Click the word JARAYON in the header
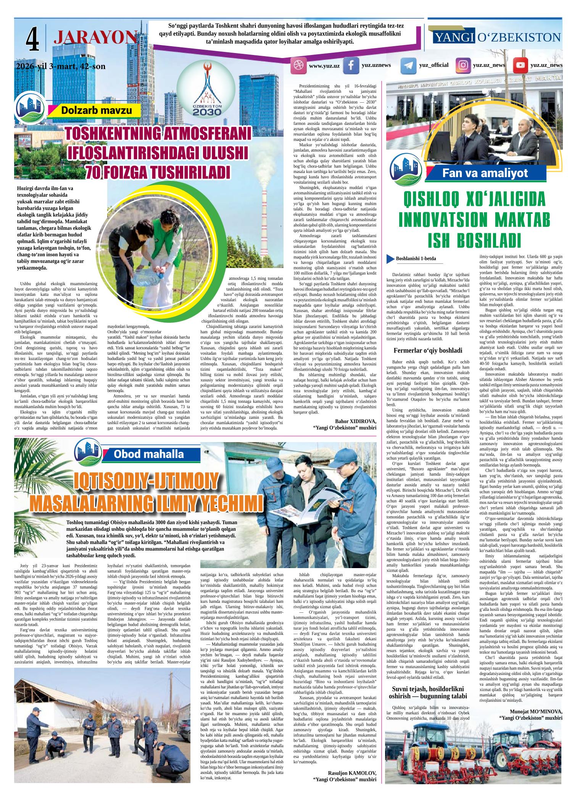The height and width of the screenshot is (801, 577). tap(95, 38)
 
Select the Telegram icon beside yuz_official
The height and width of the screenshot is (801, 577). tap(408, 66)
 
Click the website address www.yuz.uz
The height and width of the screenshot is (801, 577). tap(324, 66)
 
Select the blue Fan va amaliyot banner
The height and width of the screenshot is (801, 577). tap(485, 173)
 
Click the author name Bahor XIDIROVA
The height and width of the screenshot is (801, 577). tap(355, 421)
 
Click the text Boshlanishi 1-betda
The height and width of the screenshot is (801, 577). tap(416, 259)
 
